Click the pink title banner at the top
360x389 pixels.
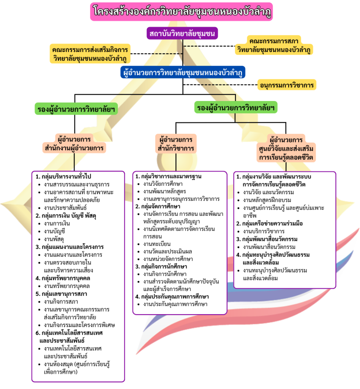point(181,11)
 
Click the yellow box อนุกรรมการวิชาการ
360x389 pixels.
point(286,85)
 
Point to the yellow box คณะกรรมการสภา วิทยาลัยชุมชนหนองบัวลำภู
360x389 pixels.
point(273,45)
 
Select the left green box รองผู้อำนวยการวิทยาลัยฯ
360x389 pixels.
point(76,109)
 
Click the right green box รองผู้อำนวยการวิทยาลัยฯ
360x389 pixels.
point(235,108)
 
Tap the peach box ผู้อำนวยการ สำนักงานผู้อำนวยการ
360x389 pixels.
point(74,143)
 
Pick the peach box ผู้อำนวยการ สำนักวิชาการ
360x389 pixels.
point(175,143)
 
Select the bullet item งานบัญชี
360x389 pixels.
point(57,231)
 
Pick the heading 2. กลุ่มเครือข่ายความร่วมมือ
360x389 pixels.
point(270,223)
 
